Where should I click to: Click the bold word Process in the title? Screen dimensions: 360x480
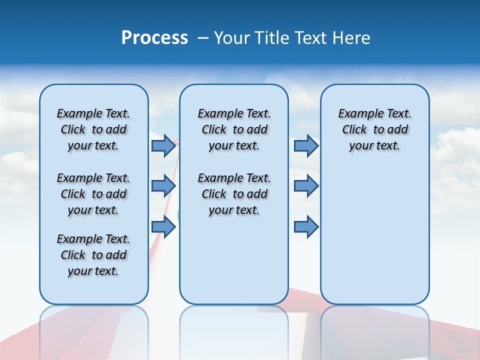154,38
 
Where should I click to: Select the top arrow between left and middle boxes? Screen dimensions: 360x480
163,145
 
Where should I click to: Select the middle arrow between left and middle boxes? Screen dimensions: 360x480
163,186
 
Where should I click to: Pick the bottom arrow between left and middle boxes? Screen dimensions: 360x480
163,227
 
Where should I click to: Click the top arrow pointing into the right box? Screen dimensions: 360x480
306,145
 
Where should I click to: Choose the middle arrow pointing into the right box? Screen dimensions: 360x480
306,186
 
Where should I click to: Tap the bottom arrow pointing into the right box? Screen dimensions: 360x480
306,227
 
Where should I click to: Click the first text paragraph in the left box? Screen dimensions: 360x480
93,129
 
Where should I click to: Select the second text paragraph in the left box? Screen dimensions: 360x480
93,194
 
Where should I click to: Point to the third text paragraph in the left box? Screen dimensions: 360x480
93,255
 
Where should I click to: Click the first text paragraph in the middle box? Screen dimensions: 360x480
234,129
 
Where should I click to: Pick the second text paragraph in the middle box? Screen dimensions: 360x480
234,194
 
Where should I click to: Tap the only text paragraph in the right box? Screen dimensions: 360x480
374,129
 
